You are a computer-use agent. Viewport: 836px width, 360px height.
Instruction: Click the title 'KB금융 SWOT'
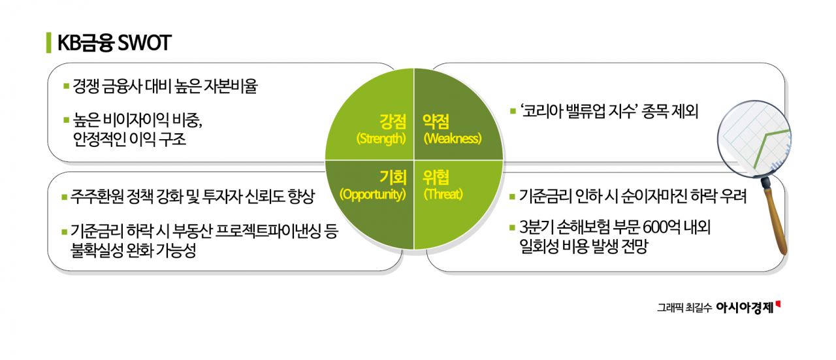click(x=115, y=42)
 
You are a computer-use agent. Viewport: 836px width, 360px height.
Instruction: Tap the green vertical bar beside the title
click(x=49, y=42)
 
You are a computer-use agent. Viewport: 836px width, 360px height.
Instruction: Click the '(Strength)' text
click(x=381, y=139)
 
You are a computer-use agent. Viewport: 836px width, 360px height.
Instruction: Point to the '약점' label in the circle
click(x=436, y=121)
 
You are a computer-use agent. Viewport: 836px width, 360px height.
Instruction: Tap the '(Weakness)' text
click(x=452, y=139)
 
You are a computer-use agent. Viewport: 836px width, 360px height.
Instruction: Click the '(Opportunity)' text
click(x=372, y=195)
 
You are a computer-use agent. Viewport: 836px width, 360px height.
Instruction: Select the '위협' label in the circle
click(x=436, y=176)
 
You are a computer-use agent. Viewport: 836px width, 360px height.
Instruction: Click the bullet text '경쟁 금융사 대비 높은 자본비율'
click(x=165, y=86)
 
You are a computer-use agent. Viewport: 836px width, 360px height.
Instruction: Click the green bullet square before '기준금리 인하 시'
click(x=513, y=196)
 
